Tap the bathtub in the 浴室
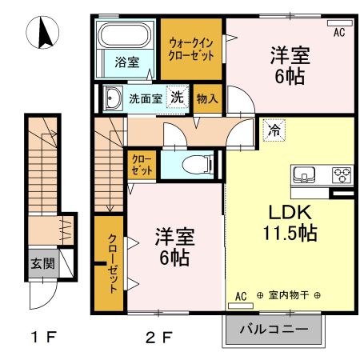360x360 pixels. [125, 36]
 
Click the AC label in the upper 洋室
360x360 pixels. [338, 33]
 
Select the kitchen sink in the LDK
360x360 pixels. [305, 174]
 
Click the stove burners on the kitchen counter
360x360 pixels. [342, 174]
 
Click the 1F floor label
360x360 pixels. [43, 337]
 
